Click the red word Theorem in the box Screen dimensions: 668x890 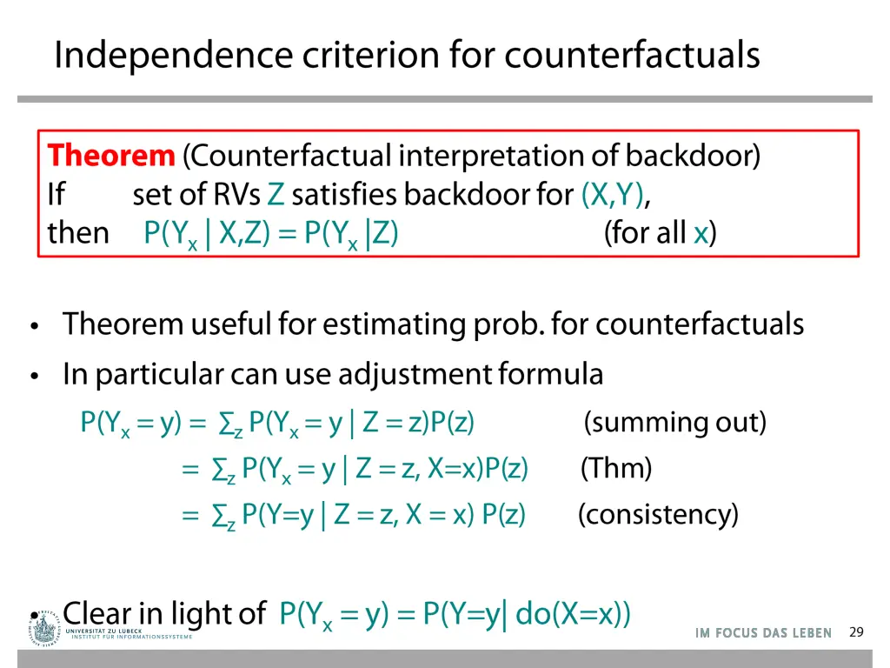coord(111,156)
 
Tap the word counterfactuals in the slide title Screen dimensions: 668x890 coord(632,55)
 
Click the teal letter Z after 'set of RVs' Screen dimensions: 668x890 coord(276,195)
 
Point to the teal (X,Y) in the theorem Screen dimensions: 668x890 coord(613,195)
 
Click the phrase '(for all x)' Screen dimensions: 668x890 coord(661,233)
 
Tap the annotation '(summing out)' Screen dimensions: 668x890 coord(675,423)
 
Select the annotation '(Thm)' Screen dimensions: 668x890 coord(616,469)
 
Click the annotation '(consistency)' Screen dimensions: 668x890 coord(658,515)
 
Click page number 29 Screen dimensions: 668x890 coord(856,632)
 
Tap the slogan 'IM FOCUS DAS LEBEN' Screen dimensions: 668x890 coord(763,633)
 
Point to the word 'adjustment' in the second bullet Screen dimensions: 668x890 coord(415,374)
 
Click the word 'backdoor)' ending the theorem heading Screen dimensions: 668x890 coord(693,156)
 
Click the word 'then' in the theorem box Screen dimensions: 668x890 coord(78,233)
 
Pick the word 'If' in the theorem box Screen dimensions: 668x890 coord(56,195)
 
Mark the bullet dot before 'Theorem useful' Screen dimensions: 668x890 coord(34,327)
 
